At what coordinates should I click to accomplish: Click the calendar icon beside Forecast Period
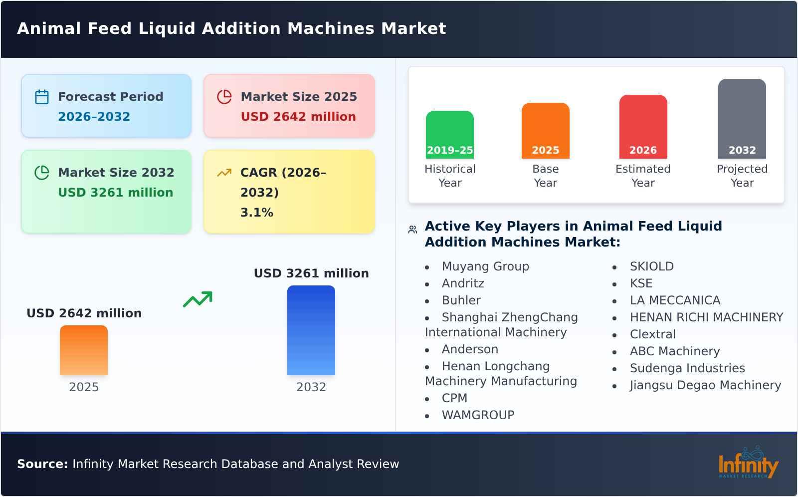pos(42,97)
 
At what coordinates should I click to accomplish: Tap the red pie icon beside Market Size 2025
pos(224,97)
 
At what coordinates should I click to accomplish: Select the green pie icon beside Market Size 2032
pos(42,173)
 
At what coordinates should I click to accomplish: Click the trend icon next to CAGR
pos(224,173)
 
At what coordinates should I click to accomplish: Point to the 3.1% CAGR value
pos(257,213)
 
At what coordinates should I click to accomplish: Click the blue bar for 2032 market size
pos(311,330)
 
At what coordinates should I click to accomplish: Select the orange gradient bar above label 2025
pos(84,350)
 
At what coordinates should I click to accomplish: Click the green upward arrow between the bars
pos(198,299)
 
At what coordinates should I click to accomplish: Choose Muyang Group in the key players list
pos(485,266)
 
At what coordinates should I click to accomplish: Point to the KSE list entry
pos(641,283)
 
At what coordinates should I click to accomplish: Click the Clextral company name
pos(652,334)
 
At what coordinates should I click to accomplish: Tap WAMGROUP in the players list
pos(478,415)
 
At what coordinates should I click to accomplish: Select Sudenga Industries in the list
pos(687,368)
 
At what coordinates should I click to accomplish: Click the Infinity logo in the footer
pos(748,463)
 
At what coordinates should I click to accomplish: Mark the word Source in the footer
pos(42,464)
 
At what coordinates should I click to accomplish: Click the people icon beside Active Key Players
pos(412,230)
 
